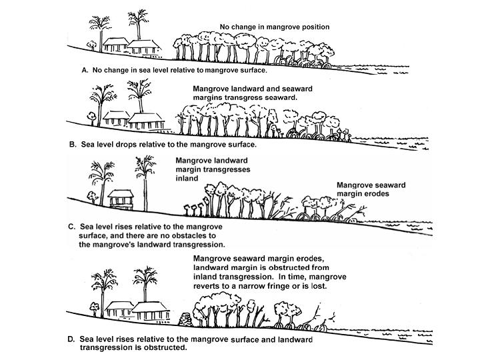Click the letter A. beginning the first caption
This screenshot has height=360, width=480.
point(85,69)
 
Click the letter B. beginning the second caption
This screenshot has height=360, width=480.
point(73,143)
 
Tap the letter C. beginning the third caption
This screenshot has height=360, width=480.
point(72,227)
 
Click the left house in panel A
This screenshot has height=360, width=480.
point(116,44)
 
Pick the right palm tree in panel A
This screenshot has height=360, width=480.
point(139,24)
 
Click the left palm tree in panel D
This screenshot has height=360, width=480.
point(103,284)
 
